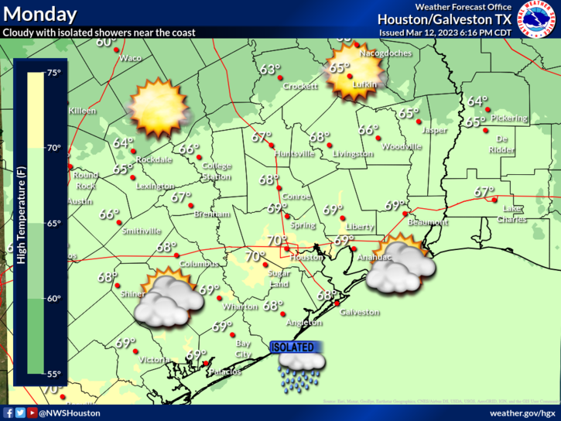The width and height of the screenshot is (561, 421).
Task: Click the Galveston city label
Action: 361,313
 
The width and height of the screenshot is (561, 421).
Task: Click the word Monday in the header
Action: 39,14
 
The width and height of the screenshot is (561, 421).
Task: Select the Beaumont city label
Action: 429,222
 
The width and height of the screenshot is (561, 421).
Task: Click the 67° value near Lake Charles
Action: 484,192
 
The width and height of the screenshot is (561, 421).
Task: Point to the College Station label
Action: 217,171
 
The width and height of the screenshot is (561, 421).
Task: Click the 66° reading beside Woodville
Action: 368,131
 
